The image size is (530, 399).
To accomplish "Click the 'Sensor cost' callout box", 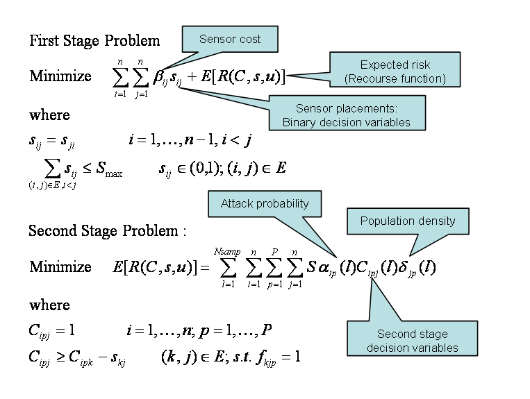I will [230, 39].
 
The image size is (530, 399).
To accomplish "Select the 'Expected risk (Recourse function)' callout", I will [395, 71].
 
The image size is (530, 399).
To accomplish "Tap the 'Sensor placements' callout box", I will [347, 115].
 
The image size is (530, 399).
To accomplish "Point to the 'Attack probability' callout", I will [264, 203].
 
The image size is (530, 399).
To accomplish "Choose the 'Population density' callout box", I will [408, 221].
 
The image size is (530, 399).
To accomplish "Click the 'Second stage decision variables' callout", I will [413, 341].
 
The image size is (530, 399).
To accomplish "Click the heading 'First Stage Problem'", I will [94, 40].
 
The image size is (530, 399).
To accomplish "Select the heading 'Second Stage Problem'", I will [107, 230].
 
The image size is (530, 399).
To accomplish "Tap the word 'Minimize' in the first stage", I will [60, 76].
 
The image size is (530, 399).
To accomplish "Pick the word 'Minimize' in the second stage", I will [60, 266].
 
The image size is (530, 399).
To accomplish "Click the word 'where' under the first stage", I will [49, 114].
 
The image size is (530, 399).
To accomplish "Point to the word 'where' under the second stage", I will [49, 305].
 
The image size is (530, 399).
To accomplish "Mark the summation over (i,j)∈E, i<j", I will [52, 172].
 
